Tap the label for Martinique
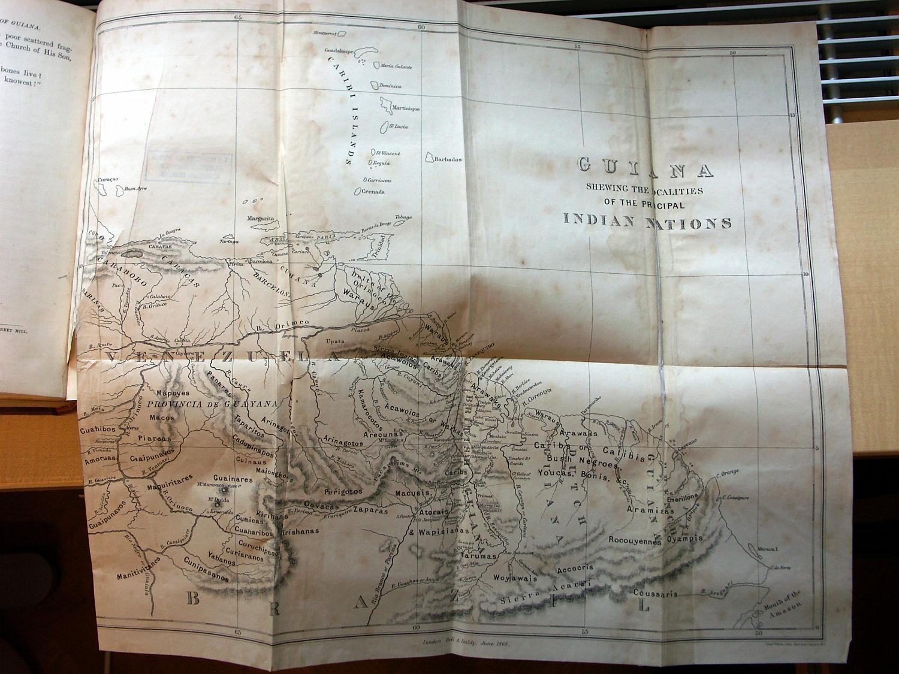click(x=405, y=108)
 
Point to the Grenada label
click(x=373, y=192)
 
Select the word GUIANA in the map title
click(x=645, y=167)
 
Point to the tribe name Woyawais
click(x=514, y=578)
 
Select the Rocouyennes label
click(x=635, y=541)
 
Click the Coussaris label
click(x=655, y=594)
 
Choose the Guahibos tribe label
click(x=96, y=430)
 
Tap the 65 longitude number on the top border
click(x=238, y=19)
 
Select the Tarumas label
click(x=479, y=556)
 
